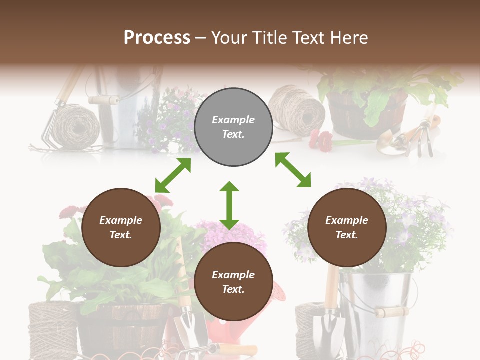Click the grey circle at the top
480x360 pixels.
coord(233,127)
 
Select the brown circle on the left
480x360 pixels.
coord(121,227)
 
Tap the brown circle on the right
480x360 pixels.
coord(347,227)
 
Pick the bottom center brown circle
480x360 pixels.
coord(233,282)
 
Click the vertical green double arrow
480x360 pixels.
coord(229,205)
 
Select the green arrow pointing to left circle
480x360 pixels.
coord(173,175)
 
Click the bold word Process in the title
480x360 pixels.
coord(157,37)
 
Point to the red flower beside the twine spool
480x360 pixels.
coord(320,140)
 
